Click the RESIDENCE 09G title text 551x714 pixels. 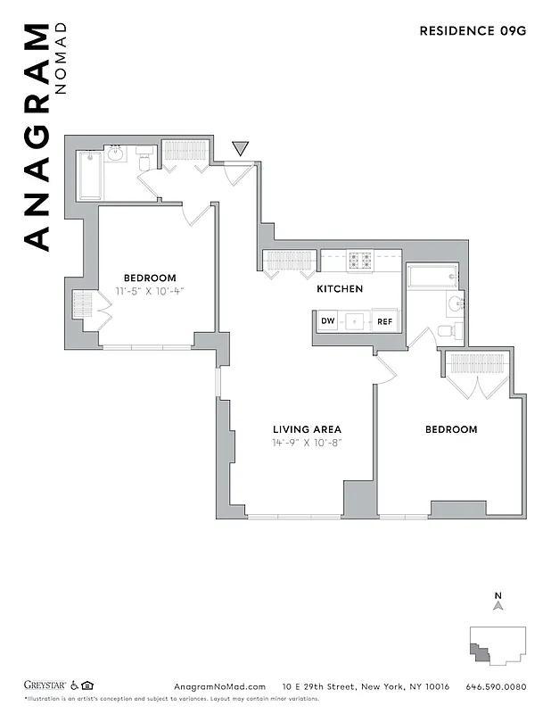[x=473, y=30]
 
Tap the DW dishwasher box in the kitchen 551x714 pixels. [x=327, y=321]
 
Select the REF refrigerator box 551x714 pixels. [x=384, y=321]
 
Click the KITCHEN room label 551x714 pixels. [x=340, y=289]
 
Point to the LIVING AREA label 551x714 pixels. [x=307, y=429]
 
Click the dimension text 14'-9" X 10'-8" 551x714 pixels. [x=307, y=443]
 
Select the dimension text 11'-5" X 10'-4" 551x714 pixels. [x=150, y=291]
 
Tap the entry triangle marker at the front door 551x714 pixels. [x=240, y=148]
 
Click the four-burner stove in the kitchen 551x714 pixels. [x=360, y=261]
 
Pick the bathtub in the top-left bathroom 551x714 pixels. [x=89, y=175]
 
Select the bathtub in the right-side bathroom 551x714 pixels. [x=431, y=276]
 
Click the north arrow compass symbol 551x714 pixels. [x=498, y=603]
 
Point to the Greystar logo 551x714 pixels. [x=45, y=685]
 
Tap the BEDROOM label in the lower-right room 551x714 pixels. [x=450, y=429]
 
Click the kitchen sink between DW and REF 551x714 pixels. [x=356, y=321]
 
